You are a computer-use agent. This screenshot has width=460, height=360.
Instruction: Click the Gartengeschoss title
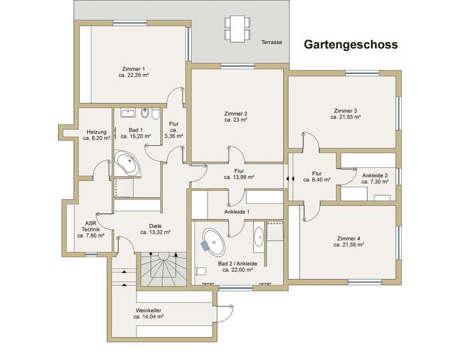coord(351,45)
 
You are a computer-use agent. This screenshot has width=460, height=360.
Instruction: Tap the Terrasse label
coord(272,43)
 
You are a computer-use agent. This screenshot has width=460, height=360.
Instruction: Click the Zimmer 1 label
coord(134,68)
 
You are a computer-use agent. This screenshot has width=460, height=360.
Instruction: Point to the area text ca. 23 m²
coord(236,119)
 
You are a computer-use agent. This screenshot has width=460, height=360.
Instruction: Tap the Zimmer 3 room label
coord(346,110)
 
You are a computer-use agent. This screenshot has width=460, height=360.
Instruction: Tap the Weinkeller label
coord(149,310)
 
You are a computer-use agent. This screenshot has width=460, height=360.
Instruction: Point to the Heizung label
coord(96,132)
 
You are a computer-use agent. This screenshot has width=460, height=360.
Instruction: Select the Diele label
coord(155,225)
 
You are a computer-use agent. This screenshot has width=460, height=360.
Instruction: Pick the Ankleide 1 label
coord(236,211)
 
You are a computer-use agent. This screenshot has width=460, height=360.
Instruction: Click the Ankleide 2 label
coord(374,175)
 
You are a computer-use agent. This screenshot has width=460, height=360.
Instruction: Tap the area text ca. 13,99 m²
coord(240,177)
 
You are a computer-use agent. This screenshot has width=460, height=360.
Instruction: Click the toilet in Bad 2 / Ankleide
coord(201,272)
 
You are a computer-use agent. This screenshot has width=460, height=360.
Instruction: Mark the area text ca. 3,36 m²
coord(174,136)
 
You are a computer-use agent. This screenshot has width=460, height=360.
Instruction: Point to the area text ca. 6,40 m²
coord(317,180)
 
